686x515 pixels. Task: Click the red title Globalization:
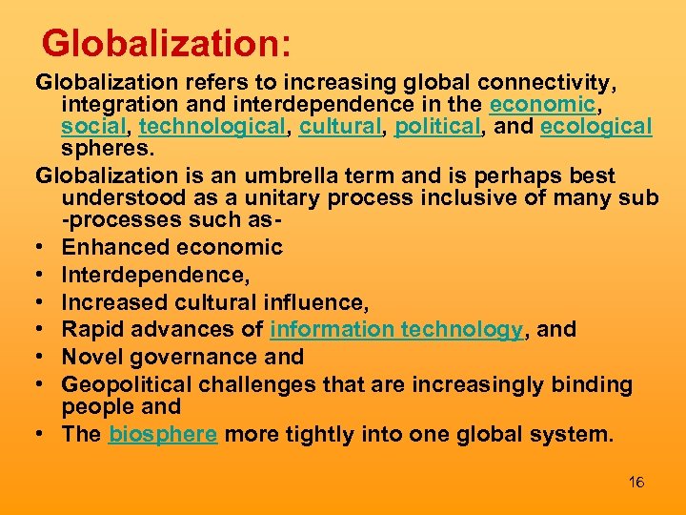[x=166, y=43]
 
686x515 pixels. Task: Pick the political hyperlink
[x=437, y=127]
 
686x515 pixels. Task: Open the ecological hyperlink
[x=595, y=127]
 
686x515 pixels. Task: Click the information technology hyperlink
[x=396, y=330]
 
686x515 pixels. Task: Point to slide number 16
[x=636, y=483]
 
